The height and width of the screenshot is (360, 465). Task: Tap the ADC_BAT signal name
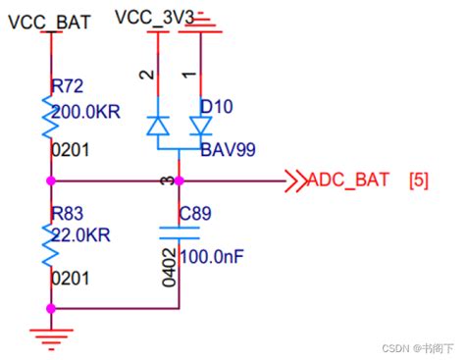348,180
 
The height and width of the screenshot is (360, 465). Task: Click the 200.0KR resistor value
85,112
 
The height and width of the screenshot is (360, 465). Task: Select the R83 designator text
70,212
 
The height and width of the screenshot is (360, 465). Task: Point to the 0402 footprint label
169,266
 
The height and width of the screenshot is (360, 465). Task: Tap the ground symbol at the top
202,22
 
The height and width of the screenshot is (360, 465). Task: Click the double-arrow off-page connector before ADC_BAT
293,180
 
